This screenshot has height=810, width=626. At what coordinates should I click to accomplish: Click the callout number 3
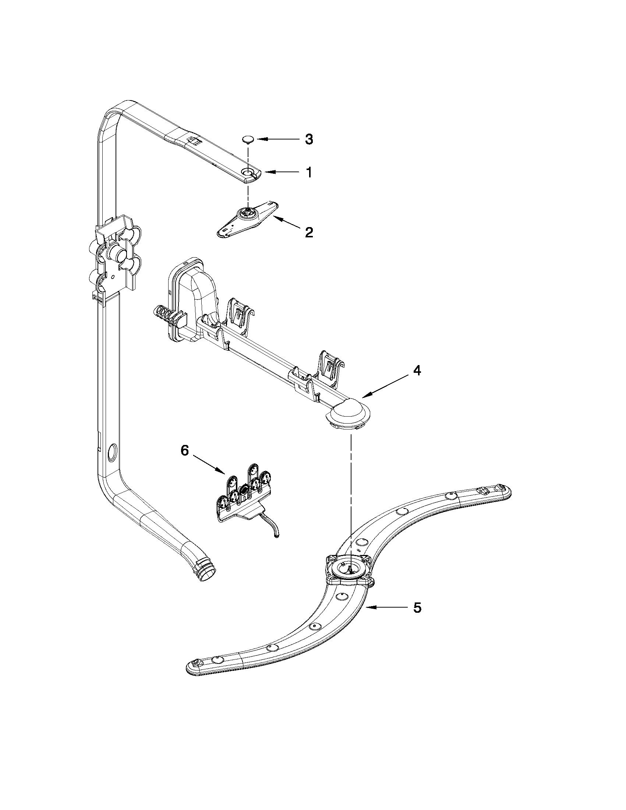(x=308, y=139)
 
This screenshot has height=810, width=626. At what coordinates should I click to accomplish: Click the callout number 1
(x=308, y=173)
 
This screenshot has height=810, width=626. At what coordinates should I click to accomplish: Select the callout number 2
(x=308, y=233)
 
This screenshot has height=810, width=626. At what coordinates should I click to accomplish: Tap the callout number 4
(x=417, y=371)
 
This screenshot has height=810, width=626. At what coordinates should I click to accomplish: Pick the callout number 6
(x=184, y=450)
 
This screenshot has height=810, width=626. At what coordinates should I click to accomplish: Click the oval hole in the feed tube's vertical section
(x=111, y=453)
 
